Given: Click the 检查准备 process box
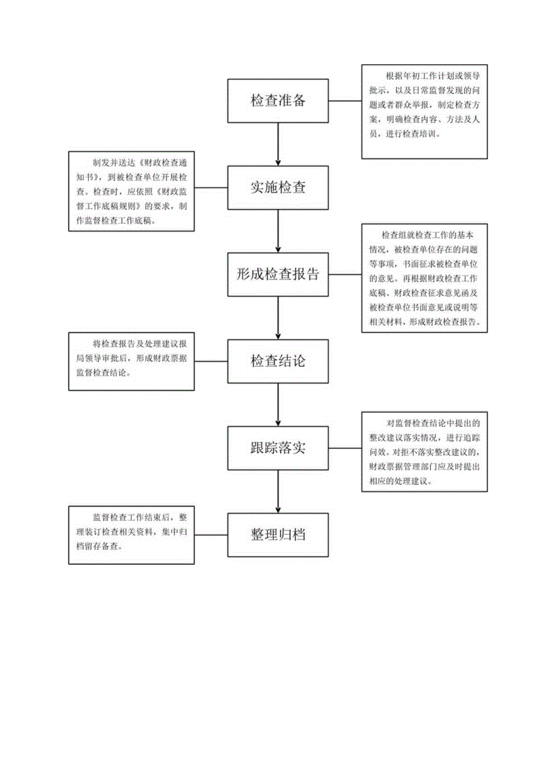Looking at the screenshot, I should (278, 100).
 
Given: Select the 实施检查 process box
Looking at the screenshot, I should (278, 187).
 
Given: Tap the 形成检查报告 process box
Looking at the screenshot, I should (278, 274).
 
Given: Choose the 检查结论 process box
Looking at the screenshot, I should (278, 361).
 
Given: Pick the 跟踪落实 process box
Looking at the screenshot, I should (278, 448).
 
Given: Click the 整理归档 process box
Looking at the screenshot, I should (278, 534).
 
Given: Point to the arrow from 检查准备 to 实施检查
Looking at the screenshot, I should (278, 143).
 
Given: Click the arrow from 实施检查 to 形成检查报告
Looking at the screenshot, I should (278, 231).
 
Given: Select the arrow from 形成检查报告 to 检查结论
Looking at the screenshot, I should (278, 318).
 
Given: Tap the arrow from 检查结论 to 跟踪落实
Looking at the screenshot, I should (278, 404).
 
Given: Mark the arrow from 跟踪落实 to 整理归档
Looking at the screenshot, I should (278, 491).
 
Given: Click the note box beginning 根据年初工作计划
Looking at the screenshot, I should (424, 112).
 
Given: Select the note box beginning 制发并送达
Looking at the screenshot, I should (131, 191).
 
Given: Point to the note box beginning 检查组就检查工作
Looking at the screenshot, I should (424, 277).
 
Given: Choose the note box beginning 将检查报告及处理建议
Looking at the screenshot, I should (131, 361).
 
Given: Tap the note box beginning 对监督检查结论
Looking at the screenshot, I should (424, 451).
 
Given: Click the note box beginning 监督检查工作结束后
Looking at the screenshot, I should (131, 534).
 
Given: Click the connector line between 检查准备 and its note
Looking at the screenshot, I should (345, 101).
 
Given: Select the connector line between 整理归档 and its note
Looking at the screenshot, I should (211, 534).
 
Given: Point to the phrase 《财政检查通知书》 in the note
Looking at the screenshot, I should (165, 163).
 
